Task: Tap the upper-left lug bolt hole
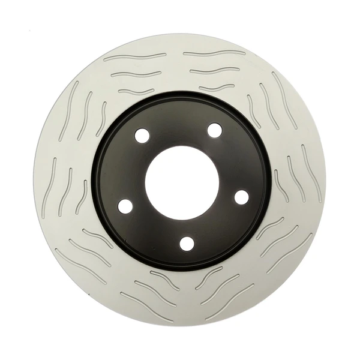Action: (142, 136)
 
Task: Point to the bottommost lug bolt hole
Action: (188, 242)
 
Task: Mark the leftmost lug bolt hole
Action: (125, 206)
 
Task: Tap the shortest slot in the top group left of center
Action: (136, 92)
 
